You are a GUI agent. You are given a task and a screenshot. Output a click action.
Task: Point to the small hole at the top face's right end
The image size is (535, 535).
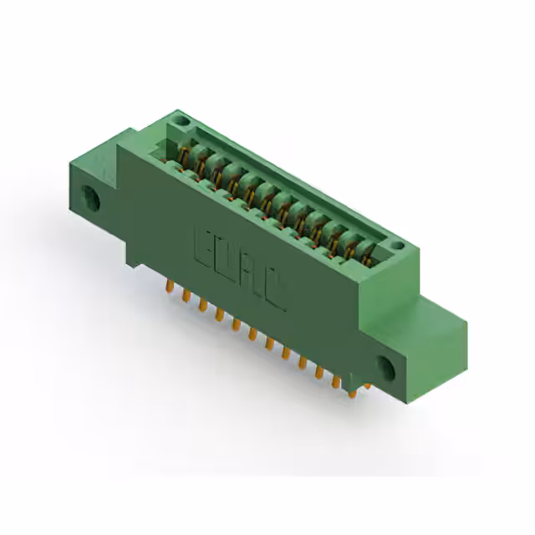click(399, 246)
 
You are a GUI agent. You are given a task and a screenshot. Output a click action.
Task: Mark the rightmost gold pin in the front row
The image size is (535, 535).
click(336, 382)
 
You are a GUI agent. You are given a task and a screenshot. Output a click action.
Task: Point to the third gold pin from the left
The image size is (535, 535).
click(203, 306)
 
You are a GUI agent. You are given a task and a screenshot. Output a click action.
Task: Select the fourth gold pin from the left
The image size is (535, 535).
click(219, 315)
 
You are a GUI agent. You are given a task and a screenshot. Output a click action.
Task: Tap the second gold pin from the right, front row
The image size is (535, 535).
click(319, 373)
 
